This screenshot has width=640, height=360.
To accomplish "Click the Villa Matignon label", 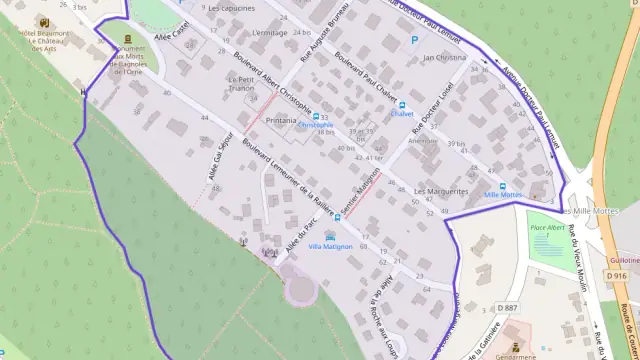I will (x=330, y=246).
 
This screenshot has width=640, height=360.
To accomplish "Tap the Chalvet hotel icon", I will (x=402, y=104).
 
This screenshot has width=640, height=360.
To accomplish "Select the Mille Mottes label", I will (x=503, y=195).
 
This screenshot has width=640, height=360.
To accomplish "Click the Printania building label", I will (x=281, y=120).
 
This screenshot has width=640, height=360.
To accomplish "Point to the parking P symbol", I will (x=415, y=41).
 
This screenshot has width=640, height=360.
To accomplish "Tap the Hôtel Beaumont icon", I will (x=44, y=21).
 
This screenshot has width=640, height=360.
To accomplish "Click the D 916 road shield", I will (x=617, y=275).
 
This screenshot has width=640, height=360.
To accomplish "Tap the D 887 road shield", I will (x=507, y=308).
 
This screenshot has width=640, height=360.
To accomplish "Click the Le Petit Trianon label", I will (x=242, y=84).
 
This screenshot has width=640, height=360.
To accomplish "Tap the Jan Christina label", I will (x=445, y=58).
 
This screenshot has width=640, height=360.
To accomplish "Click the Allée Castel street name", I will (x=171, y=37).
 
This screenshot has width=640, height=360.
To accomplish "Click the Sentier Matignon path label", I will (x=362, y=192).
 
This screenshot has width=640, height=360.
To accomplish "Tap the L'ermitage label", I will (x=269, y=33).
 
